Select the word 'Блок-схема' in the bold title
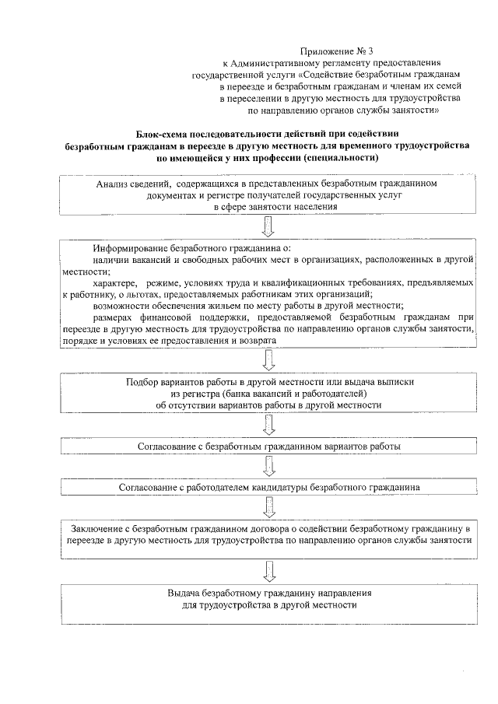pos(166,134)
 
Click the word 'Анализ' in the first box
pos(114,184)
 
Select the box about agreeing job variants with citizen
pos(269,448)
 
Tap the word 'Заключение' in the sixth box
pos(97,529)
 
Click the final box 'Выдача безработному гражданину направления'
pos(269,599)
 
